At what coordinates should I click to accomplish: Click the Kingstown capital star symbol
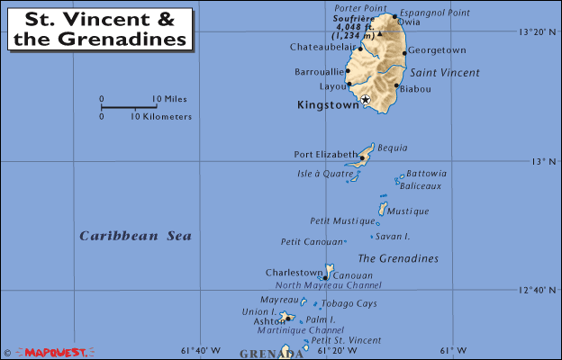click(x=365, y=99)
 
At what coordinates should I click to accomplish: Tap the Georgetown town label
click(x=437, y=50)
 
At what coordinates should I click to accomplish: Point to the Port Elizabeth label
click(x=325, y=154)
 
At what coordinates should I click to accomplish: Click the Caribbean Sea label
click(x=135, y=236)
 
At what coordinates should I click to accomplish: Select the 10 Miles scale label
click(x=168, y=99)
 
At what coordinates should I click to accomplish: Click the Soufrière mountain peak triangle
click(x=380, y=33)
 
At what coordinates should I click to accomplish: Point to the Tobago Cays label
click(x=348, y=303)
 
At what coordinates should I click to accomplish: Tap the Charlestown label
click(x=294, y=273)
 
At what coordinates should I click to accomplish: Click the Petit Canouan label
click(x=311, y=241)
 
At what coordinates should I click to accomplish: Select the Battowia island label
click(x=426, y=174)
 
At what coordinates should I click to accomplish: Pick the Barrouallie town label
click(x=319, y=72)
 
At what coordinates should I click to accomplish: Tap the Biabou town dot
click(x=396, y=86)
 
